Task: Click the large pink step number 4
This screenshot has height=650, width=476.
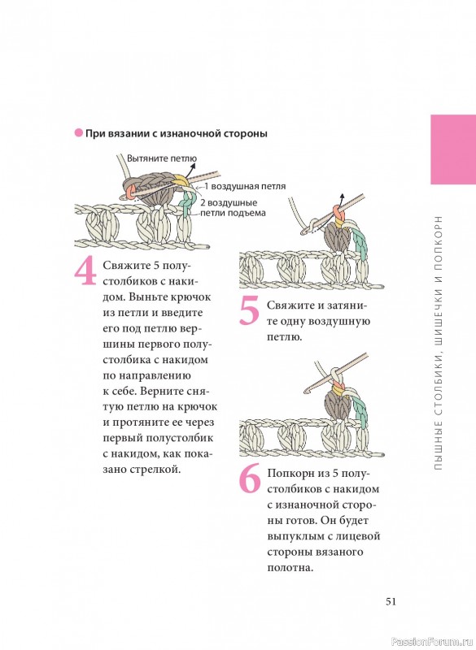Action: tap(85, 271)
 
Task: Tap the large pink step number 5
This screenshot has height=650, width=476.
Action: tap(250, 310)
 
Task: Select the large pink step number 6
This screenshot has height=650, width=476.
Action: tap(250, 479)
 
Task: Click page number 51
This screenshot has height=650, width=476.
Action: tap(391, 601)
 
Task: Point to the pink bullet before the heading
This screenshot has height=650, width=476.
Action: tap(78, 133)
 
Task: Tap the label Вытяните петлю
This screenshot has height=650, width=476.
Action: tap(162, 158)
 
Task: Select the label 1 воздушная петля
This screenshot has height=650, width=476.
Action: tap(245, 186)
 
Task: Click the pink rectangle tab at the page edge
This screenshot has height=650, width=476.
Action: tap(453, 149)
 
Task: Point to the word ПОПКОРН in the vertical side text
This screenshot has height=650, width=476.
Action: tap(439, 237)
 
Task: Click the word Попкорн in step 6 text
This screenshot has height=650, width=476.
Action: tap(290, 474)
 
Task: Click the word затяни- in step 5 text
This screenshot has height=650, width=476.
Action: tap(347, 305)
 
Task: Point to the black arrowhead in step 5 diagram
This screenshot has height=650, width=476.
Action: tap(342, 196)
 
